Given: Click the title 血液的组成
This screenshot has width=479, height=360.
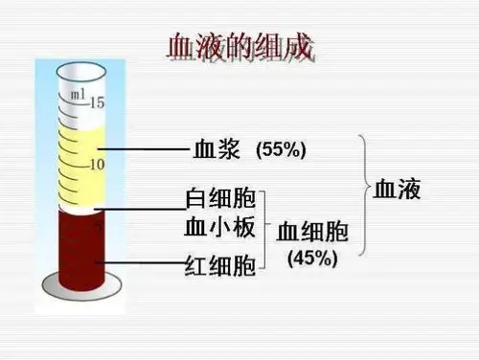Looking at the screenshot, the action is click(x=240, y=48).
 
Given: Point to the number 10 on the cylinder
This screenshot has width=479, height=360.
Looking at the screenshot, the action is click(x=96, y=164).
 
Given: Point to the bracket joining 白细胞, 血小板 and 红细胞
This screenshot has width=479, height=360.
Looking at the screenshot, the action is click(x=266, y=230).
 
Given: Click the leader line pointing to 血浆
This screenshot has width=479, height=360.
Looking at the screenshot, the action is click(x=144, y=150).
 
